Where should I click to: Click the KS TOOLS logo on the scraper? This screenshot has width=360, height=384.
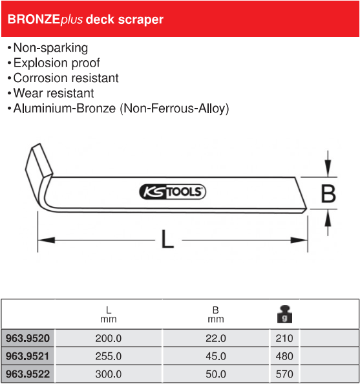pyautogui.click(x=173, y=191)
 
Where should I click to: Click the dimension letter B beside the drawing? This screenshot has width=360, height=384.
pyautogui.click(x=328, y=194)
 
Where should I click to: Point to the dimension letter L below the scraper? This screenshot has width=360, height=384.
pyautogui.click(x=167, y=239)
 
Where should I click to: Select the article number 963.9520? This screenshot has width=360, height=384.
pyautogui.click(x=28, y=338)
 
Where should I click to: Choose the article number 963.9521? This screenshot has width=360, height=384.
pyautogui.click(x=27, y=356)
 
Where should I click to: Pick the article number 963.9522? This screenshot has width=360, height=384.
pyautogui.click(x=28, y=374)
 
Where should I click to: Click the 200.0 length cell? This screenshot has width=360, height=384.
pyautogui.click(x=108, y=339)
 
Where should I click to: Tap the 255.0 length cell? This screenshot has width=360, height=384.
pyautogui.click(x=108, y=356)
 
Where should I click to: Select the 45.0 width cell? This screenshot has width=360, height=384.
pyautogui.click(x=216, y=356)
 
